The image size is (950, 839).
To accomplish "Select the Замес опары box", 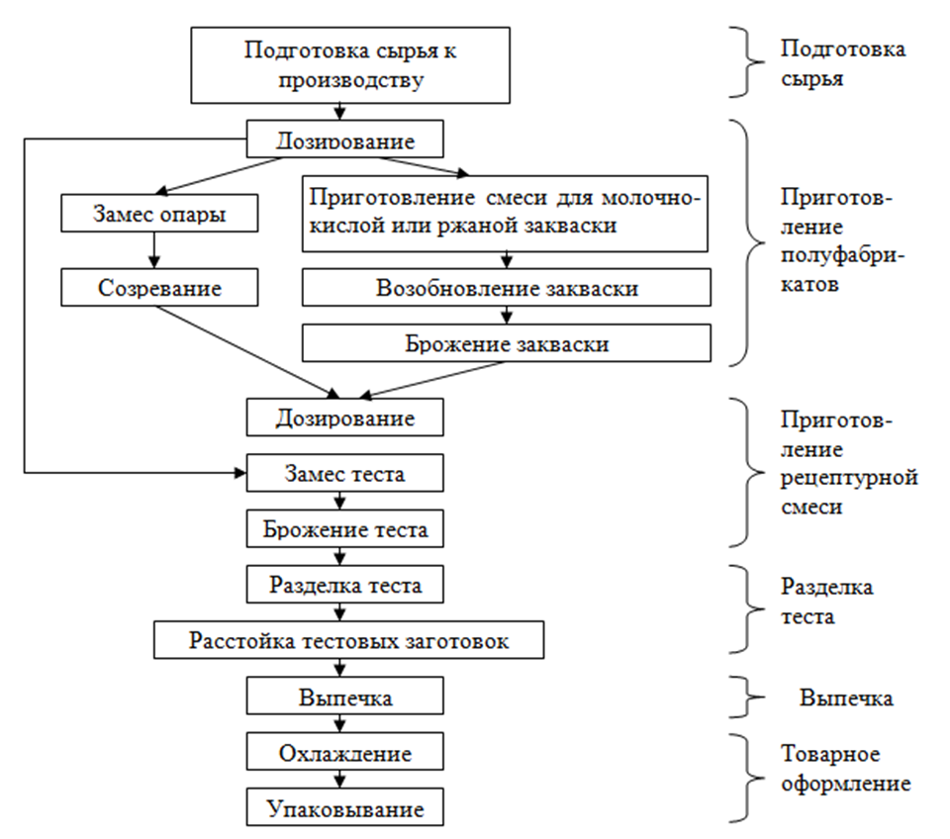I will (158, 213).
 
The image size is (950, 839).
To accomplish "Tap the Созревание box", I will (158, 288).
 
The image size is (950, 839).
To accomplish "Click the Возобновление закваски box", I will (507, 288).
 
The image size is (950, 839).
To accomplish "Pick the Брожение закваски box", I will (507, 344).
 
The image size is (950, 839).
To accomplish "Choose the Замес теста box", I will (343, 474).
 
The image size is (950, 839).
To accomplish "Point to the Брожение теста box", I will (343, 529).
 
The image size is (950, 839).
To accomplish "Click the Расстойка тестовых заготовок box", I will (349, 640).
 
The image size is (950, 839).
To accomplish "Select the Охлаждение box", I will (343, 754).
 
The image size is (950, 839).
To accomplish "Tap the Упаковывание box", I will (343, 809).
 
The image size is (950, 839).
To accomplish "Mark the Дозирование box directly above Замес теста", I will (343, 418).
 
